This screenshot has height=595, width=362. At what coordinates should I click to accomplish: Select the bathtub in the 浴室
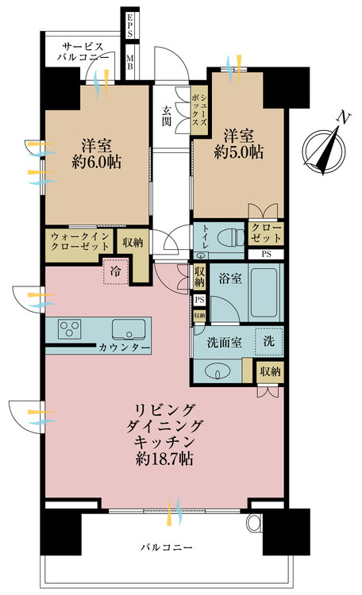click(x=265, y=293)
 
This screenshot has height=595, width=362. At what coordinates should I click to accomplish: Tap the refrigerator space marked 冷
click(x=117, y=271)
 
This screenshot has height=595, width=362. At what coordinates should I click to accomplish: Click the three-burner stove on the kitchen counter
click(x=67, y=329)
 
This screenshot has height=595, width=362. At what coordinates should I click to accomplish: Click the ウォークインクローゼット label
click(x=80, y=242)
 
